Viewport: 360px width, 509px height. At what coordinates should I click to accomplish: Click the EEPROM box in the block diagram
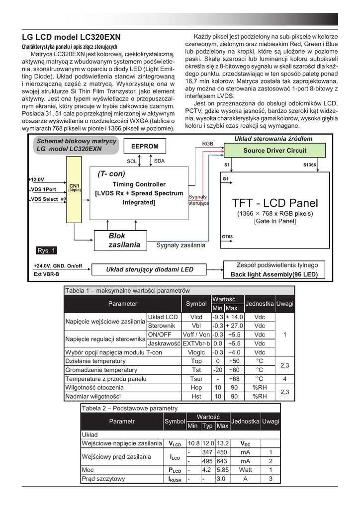click(x=145, y=146)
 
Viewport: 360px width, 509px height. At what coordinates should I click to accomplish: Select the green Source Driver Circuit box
click(x=274, y=150)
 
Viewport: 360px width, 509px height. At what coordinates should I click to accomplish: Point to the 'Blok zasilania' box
click(x=117, y=240)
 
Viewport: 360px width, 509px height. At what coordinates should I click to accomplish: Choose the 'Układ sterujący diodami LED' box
click(x=150, y=269)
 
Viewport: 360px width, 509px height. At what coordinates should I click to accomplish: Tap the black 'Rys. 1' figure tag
click(x=47, y=250)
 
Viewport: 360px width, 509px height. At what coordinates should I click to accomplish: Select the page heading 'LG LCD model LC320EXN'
click(x=71, y=37)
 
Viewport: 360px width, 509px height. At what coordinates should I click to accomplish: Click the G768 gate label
click(x=227, y=236)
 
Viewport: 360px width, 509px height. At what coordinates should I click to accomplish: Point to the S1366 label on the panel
click(x=309, y=165)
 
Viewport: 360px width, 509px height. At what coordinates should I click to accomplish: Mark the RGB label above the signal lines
click(x=207, y=143)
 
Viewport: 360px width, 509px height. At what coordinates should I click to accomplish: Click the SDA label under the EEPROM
click(x=159, y=161)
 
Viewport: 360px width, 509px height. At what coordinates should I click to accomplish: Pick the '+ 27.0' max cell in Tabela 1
click(x=234, y=325)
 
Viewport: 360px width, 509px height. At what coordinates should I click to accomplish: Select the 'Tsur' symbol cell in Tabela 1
click(x=196, y=378)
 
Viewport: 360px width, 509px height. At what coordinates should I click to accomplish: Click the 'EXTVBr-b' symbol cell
click(x=196, y=343)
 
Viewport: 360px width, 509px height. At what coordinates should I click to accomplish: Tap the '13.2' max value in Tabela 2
click(x=222, y=443)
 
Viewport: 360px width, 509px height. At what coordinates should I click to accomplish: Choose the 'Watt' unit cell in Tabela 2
click(x=245, y=470)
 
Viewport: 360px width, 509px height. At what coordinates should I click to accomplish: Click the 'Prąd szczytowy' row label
click(x=103, y=479)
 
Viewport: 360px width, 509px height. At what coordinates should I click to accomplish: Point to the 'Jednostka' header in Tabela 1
click(x=260, y=303)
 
